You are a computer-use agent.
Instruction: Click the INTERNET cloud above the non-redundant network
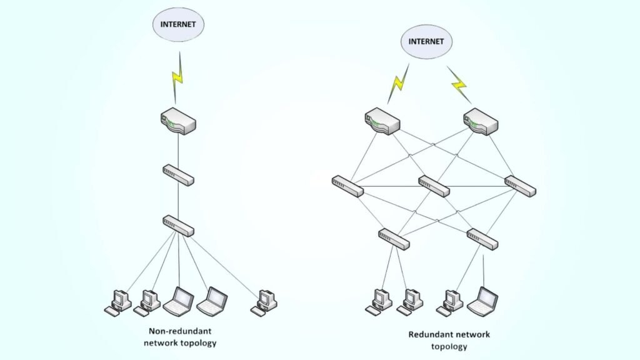pyautogui.click(x=179, y=24)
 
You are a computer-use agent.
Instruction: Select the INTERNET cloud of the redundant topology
pyautogui.click(x=426, y=41)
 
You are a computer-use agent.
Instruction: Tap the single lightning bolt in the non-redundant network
pyautogui.click(x=178, y=77)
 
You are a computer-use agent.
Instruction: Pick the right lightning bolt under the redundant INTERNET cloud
pyautogui.click(x=459, y=83)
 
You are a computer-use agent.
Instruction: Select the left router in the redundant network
pyautogui.click(x=382, y=121)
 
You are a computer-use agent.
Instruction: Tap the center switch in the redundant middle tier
pyautogui.click(x=434, y=186)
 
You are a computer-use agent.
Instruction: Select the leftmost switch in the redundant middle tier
pyautogui.click(x=347, y=186)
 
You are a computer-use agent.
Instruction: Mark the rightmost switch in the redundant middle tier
pyautogui.click(x=521, y=186)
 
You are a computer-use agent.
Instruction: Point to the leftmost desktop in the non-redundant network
pyautogui.click(x=117, y=301)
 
